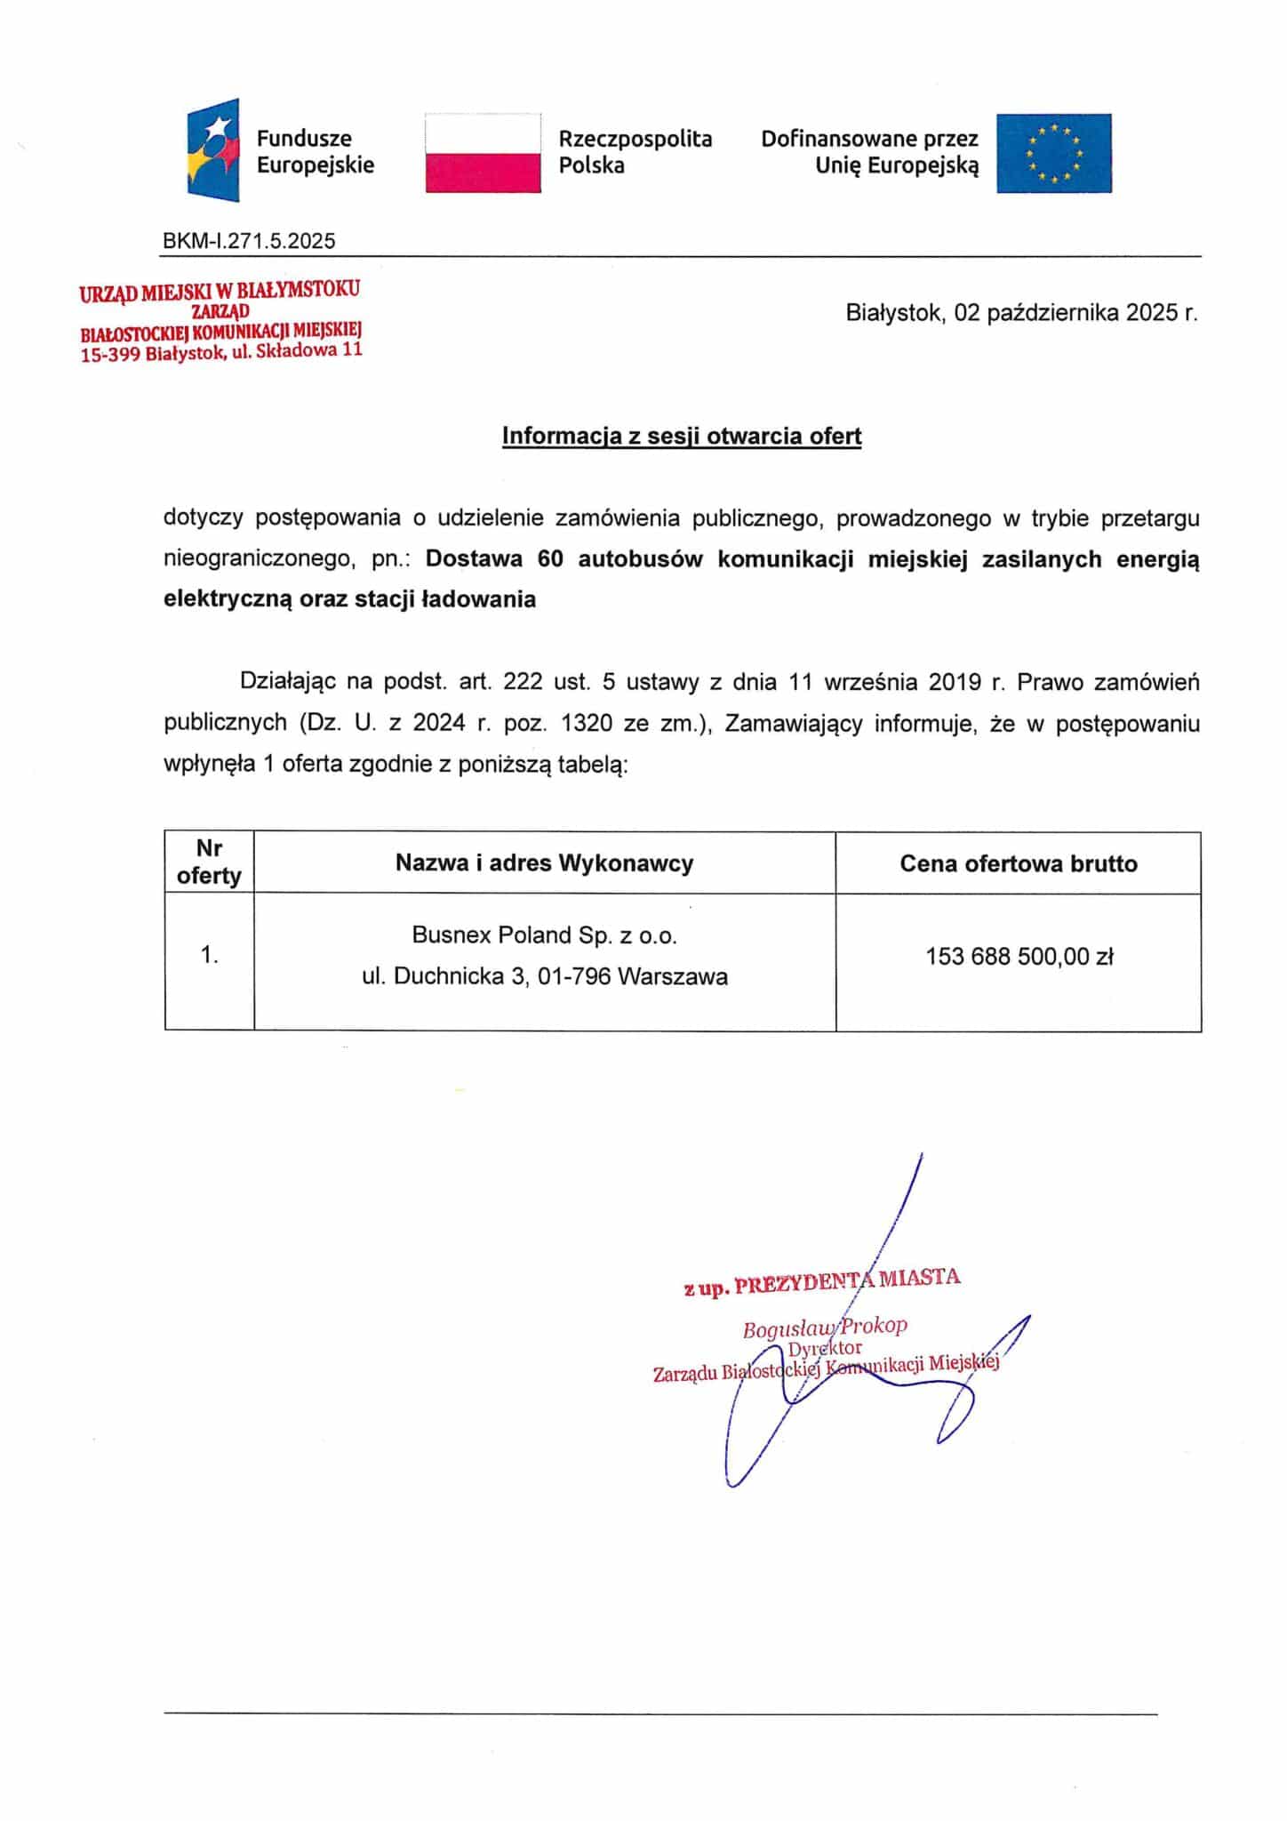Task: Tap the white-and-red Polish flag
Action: (483, 152)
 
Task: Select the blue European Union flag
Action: (1053, 153)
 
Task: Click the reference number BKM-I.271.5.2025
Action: (249, 240)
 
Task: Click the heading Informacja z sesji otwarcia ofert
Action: (682, 436)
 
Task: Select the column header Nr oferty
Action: (209, 862)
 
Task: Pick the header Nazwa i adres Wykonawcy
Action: (544, 862)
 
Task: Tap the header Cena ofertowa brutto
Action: (1018, 863)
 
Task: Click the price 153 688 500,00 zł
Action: (1019, 957)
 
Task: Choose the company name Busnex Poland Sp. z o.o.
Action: (544, 935)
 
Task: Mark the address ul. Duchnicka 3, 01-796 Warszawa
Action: (544, 976)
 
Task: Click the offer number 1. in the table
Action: (209, 955)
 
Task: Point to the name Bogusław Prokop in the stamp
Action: (825, 1328)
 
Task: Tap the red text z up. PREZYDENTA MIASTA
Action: (822, 1281)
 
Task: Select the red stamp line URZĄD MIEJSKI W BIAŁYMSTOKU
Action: (220, 292)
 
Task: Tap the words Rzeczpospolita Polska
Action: (635, 152)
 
